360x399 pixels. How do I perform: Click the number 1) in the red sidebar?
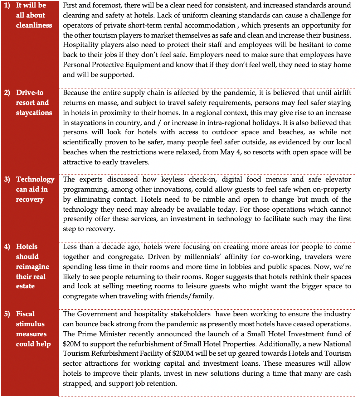(x=7, y=5)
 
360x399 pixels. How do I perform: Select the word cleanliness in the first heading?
(x=34, y=25)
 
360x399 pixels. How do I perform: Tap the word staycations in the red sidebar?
(x=34, y=113)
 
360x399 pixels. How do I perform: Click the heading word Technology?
(x=35, y=179)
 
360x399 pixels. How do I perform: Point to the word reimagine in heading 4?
(x=33, y=267)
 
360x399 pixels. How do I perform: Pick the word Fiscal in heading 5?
(x=25, y=314)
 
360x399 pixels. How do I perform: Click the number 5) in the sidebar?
(x=7, y=314)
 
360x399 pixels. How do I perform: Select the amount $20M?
(x=71, y=344)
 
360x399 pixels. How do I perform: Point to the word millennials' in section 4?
(x=143, y=257)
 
